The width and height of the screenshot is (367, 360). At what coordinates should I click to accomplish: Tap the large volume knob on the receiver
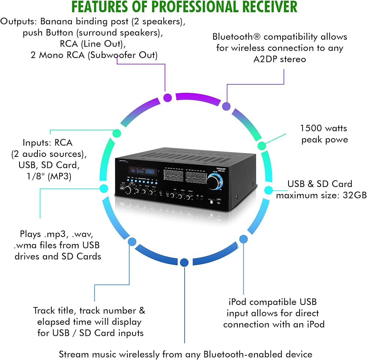(x=214, y=182)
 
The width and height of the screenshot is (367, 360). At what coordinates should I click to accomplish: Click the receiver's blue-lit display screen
(x=143, y=171)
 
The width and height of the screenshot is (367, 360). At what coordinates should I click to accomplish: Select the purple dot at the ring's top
(x=168, y=97)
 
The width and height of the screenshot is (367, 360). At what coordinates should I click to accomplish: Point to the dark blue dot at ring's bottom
(x=185, y=262)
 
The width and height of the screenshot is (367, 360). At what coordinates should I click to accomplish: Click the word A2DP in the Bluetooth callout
(x=265, y=59)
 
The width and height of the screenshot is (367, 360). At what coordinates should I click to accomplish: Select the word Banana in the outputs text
(x=57, y=21)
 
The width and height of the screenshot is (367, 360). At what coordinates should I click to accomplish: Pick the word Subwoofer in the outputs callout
(x=113, y=55)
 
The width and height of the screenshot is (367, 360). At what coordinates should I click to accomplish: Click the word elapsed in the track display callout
(x=54, y=322)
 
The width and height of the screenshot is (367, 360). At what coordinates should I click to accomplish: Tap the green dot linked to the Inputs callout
(x=117, y=133)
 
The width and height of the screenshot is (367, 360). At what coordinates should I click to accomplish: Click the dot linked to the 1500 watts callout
(x=262, y=146)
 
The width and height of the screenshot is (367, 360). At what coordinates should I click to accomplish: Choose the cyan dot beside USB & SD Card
(x=269, y=190)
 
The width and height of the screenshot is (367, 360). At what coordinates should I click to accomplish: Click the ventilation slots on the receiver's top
(x=187, y=156)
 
